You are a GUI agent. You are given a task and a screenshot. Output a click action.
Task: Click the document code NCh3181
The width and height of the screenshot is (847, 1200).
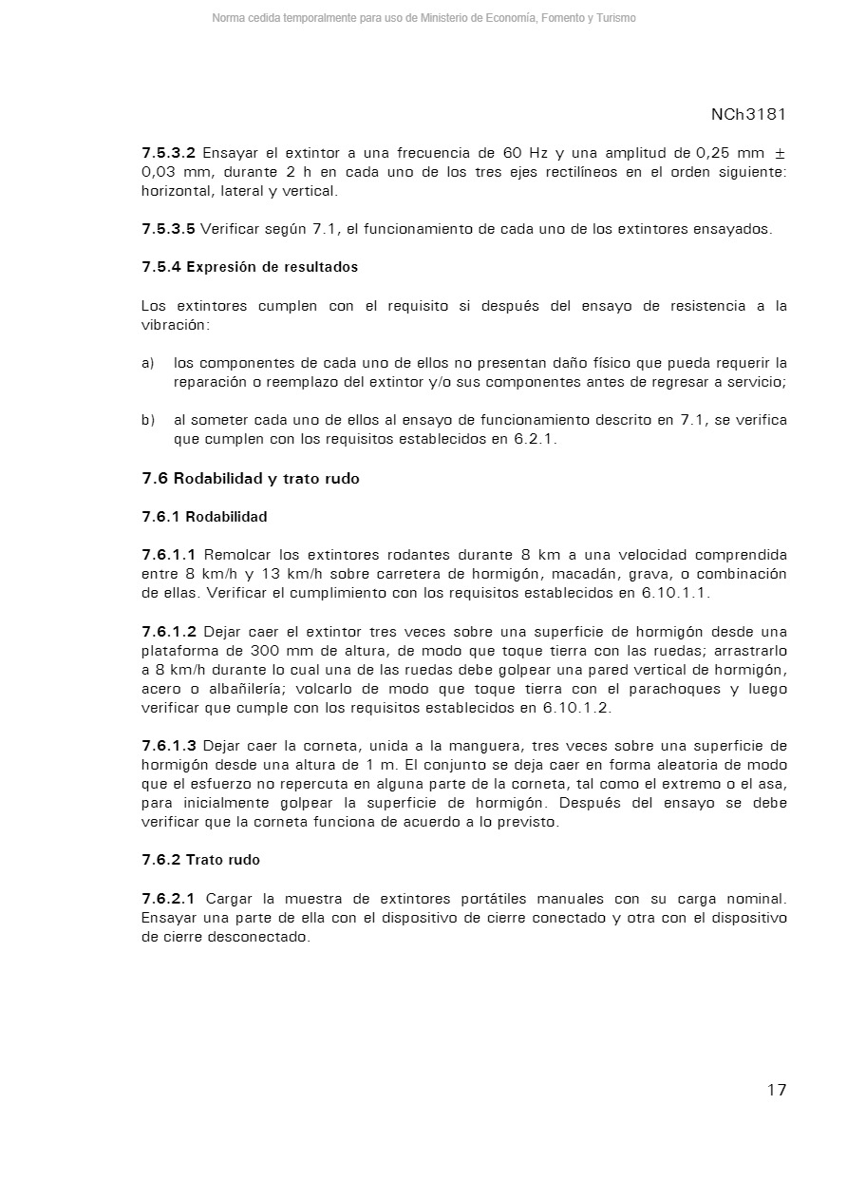[748, 114]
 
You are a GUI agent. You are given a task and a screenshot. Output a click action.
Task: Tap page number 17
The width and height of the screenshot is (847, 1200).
[776, 1090]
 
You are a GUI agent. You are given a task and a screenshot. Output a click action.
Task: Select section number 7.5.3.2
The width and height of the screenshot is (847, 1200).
[169, 153]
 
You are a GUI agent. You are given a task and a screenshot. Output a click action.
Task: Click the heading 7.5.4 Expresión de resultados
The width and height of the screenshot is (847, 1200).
[250, 267]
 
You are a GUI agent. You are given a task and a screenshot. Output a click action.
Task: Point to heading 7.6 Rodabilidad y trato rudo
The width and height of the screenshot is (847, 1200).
[251, 479]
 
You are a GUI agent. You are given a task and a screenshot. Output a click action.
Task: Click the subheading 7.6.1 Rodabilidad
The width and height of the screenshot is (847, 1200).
[204, 517]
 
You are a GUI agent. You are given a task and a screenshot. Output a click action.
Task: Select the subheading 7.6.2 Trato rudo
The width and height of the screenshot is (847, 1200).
[200, 860]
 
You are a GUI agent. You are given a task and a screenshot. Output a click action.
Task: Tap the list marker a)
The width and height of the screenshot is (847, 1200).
[147, 363]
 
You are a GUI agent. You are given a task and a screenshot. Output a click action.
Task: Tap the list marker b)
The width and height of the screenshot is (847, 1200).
[147, 420]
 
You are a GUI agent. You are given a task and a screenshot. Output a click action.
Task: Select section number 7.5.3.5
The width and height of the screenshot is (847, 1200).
[169, 229]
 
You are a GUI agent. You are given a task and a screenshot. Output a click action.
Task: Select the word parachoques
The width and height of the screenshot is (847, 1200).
[676, 689]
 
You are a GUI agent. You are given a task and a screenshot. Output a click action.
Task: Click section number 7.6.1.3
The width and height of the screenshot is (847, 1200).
[169, 746]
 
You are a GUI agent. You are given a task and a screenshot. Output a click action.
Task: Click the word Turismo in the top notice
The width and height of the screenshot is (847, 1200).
[615, 18]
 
